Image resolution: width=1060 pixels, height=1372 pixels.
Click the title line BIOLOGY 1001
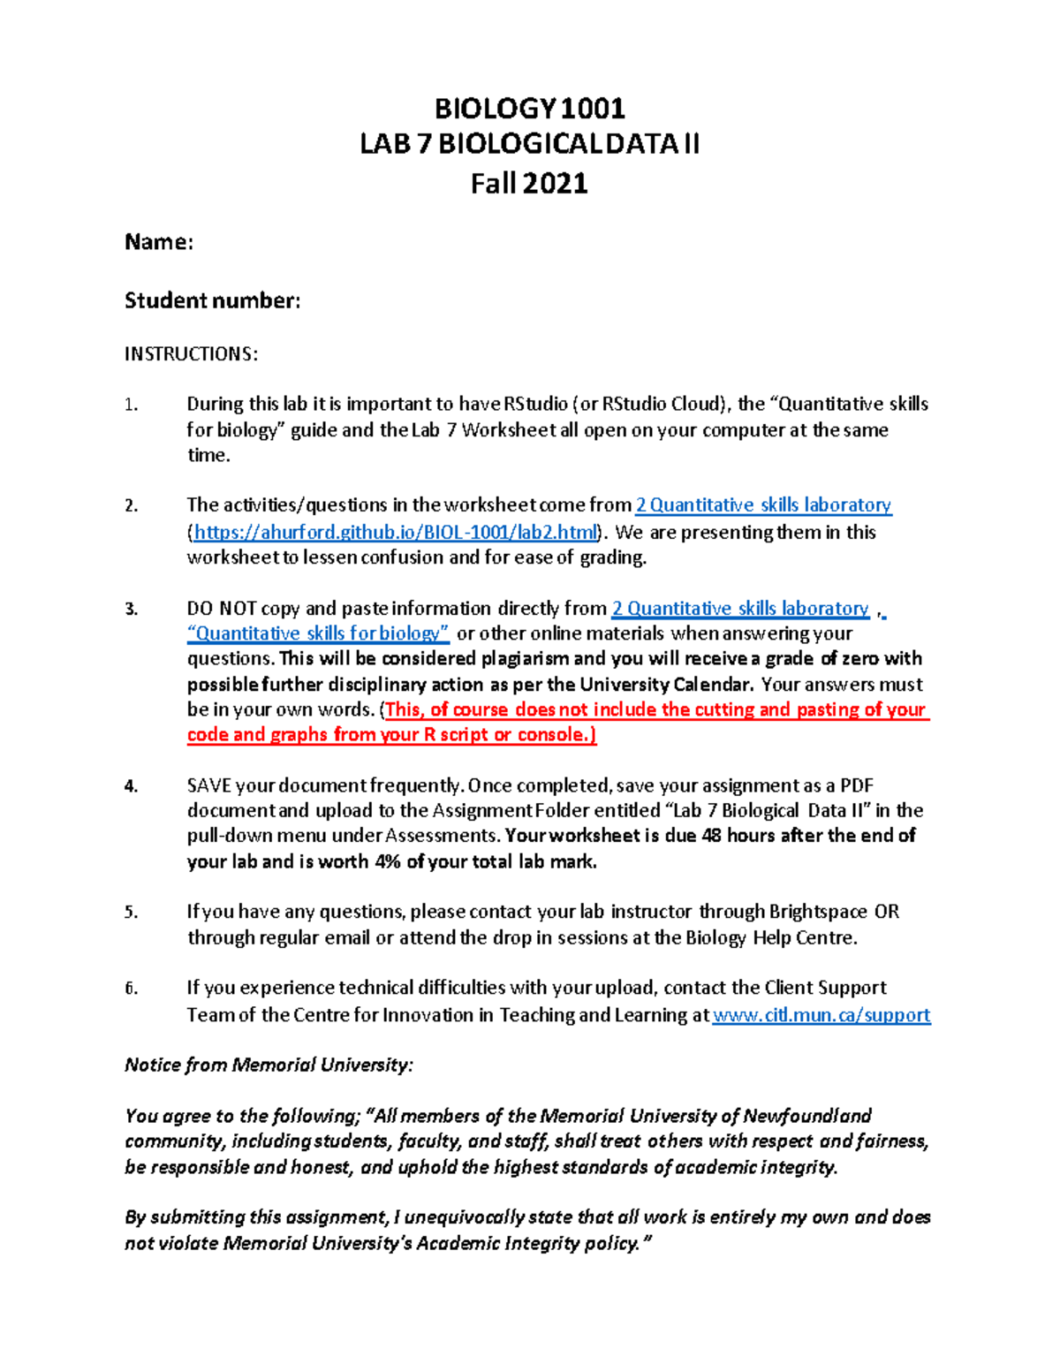click(x=529, y=109)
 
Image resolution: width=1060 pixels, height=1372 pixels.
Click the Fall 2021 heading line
click(x=529, y=184)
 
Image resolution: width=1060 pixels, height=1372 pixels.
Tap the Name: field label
click(x=159, y=242)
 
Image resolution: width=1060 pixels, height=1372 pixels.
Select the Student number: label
click(x=212, y=301)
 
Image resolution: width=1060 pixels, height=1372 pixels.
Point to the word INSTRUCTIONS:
click(x=191, y=354)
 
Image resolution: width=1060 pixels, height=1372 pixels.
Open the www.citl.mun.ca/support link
click(x=821, y=1015)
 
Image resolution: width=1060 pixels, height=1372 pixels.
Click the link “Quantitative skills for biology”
click(x=318, y=633)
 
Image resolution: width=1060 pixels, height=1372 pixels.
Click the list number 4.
click(x=131, y=786)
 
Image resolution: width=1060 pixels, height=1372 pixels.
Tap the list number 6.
click(x=131, y=989)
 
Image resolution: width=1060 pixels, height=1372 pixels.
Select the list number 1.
click(x=131, y=406)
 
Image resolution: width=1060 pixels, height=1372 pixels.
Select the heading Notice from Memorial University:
click(x=269, y=1065)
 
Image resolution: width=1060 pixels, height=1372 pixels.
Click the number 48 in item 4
click(x=711, y=836)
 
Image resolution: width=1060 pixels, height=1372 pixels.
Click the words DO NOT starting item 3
click(x=221, y=609)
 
